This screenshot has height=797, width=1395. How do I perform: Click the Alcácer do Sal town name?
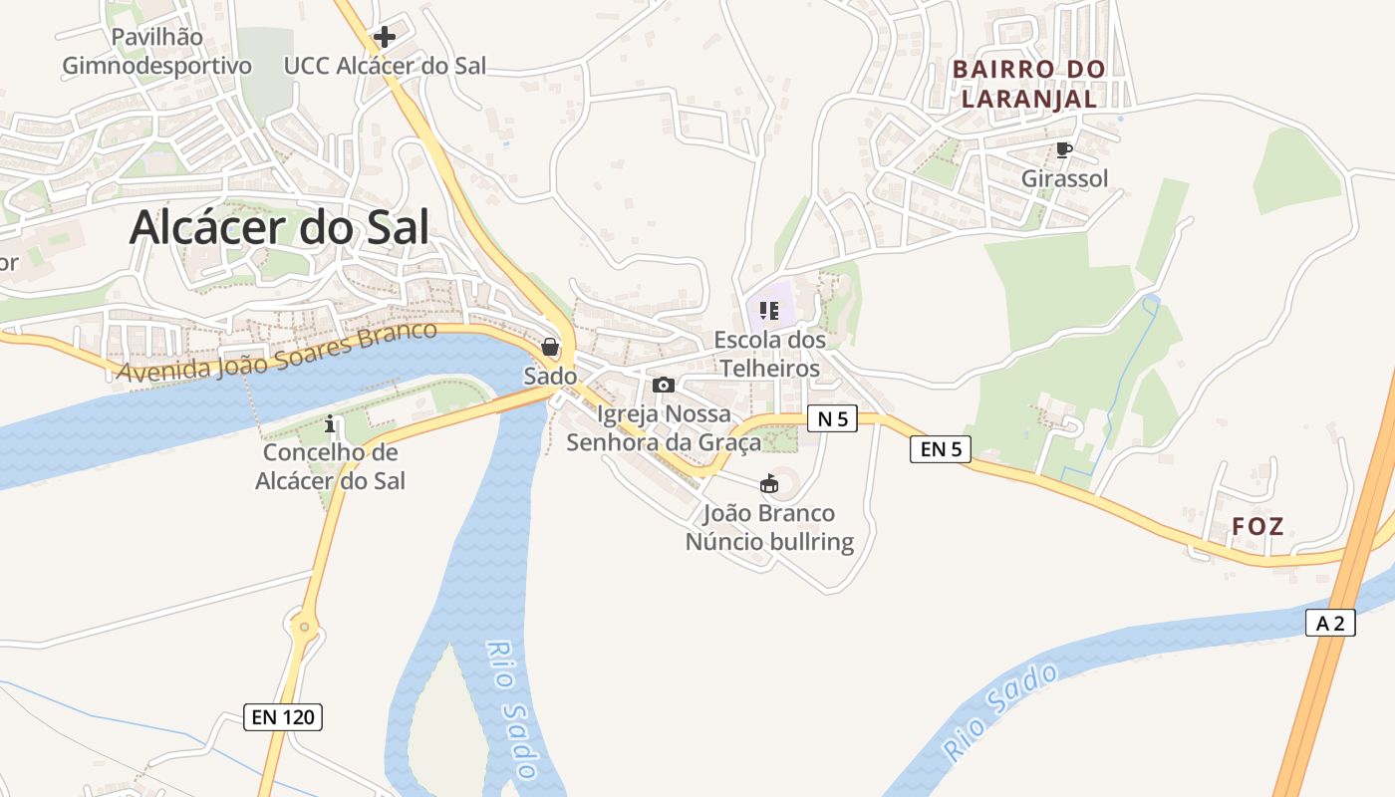(x=279, y=228)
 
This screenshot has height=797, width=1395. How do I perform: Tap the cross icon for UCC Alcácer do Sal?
(x=384, y=38)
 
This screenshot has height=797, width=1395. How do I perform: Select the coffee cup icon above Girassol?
(x=1064, y=149)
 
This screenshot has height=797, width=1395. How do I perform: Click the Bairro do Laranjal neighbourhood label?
(x=1029, y=84)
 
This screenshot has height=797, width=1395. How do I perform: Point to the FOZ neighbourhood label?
(x=1257, y=526)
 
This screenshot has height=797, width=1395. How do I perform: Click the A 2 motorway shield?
(x=1330, y=624)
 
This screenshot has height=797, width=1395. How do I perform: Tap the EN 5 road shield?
(x=940, y=449)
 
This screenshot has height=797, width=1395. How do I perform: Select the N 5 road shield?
(x=832, y=419)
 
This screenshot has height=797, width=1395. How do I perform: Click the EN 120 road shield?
(x=283, y=716)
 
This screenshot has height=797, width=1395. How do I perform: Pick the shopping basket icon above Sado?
(x=550, y=347)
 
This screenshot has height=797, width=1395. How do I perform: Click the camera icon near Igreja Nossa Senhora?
(x=663, y=385)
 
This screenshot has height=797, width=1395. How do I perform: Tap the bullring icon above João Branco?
(x=769, y=484)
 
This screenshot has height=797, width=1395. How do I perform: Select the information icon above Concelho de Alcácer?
(x=331, y=424)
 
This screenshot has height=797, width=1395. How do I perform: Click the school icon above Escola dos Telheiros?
(x=768, y=311)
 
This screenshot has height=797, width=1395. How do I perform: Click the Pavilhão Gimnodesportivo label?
(x=157, y=52)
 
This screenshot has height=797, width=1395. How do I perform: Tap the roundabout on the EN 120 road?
(x=306, y=628)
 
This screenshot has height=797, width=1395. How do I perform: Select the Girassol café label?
(x=1064, y=179)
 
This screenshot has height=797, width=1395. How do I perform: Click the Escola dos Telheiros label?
(x=770, y=354)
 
